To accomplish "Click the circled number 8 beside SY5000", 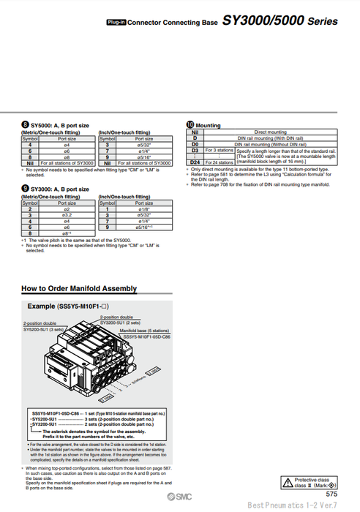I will [25, 125].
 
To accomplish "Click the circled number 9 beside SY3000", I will [25, 189].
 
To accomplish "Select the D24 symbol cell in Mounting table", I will [195, 161].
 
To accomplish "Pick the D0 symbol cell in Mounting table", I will [195, 143].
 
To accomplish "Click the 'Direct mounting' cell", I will [270, 132].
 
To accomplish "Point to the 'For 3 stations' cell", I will [220, 150].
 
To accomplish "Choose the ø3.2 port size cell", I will [67, 215].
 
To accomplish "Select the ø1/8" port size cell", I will [144, 209].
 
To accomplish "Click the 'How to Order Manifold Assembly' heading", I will [78, 288].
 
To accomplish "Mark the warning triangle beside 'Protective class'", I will [288, 481].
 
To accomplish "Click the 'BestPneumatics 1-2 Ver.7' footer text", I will [293, 505].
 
